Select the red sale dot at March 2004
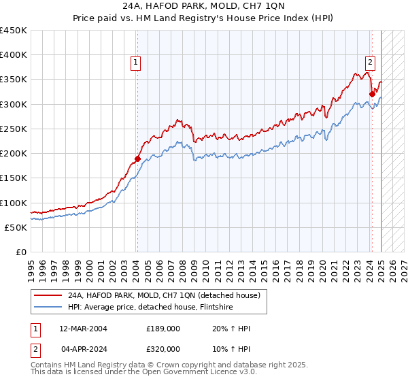[x=137, y=159]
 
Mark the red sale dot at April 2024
[x=372, y=95]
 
